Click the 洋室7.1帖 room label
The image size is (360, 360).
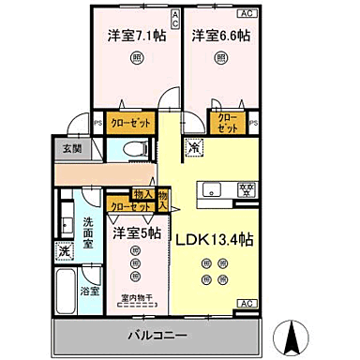tap(132, 36)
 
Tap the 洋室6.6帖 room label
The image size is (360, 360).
tap(221, 36)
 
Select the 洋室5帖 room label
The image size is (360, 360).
tap(137, 231)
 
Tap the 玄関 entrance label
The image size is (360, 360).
tap(72, 148)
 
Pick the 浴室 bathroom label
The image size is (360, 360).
tap(90, 292)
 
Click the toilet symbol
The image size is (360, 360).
tap(134, 147)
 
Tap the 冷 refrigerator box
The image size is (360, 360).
tap(193, 146)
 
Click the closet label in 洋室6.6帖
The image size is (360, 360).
tap(229, 122)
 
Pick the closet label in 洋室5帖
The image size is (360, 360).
tap(129, 207)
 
